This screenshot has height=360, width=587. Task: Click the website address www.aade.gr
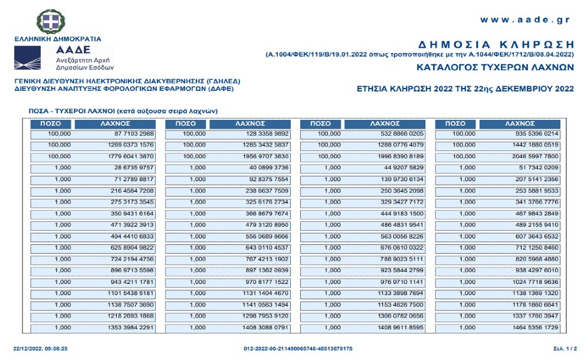pyautogui.click(x=524, y=19)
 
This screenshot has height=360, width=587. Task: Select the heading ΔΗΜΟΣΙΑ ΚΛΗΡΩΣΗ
pyautogui.click(x=496, y=44)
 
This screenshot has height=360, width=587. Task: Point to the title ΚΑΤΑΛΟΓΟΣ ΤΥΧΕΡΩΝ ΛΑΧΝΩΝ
pyautogui.click(x=495, y=67)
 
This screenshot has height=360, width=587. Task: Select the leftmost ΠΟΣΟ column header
pyautogui.click(x=51, y=123)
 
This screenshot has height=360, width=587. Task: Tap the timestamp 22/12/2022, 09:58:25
pyautogui.click(x=40, y=349)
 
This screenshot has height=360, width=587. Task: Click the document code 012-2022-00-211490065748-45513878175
pyautogui.click(x=298, y=349)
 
